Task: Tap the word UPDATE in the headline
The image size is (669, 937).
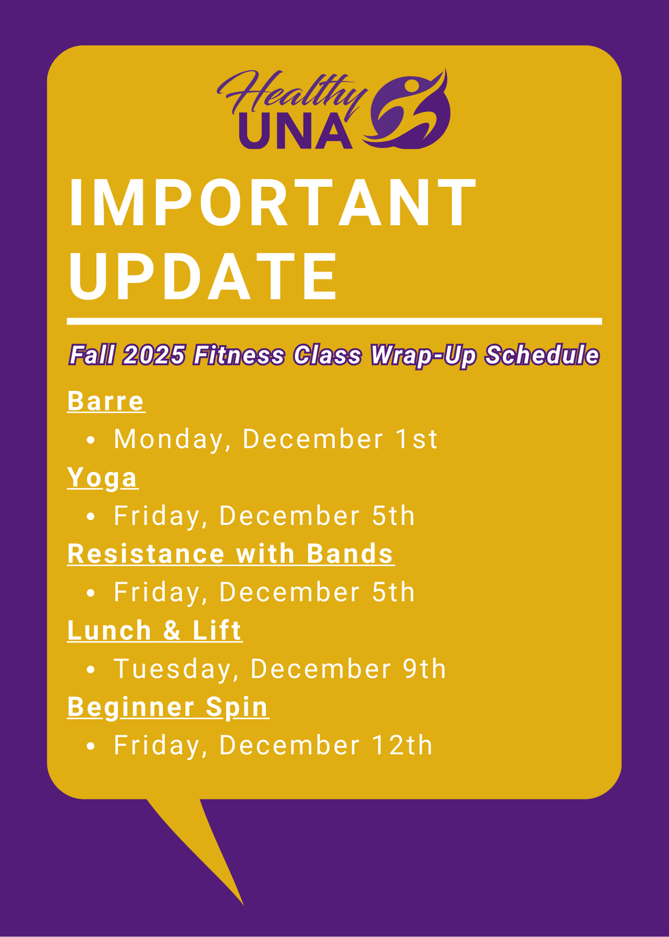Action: tap(202, 276)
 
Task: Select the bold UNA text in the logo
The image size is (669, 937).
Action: tap(296, 132)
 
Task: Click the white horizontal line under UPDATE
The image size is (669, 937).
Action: tap(334, 321)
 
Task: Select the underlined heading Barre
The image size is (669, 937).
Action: tap(106, 401)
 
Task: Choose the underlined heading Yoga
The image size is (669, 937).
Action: tap(103, 477)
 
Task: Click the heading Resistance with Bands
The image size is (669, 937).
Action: tap(230, 554)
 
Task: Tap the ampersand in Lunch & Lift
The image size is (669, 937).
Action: tap(172, 630)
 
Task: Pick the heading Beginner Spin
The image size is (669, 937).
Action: tap(168, 706)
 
